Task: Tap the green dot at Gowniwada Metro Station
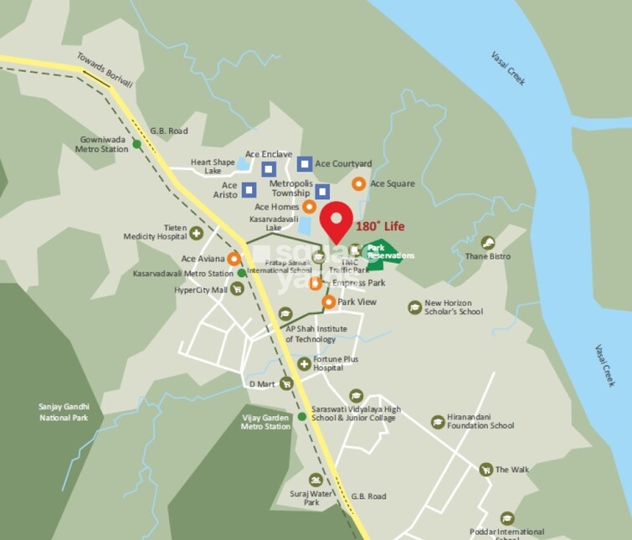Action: pyautogui.click(x=136, y=145)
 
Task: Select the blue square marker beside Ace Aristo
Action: pyautogui.click(x=249, y=189)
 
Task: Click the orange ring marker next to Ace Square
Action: pyautogui.click(x=358, y=183)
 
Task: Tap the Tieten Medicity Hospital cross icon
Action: pyautogui.click(x=196, y=234)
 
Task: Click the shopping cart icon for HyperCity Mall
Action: pyautogui.click(x=237, y=290)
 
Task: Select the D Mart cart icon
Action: pyautogui.click(x=286, y=383)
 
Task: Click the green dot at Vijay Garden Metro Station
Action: pyautogui.click(x=301, y=417)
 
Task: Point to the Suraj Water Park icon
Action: pyautogui.click(x=315, y=480)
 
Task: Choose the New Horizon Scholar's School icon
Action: pyautogui.click(x=414, y=307)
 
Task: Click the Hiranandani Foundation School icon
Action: pyautogui.click(x=437, y=422)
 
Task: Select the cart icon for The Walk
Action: pyautogui.click(x=486, y=470)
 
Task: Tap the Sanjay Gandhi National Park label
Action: pyautogui.click(x=64, y=412)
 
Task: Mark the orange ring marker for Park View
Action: pyautogui.click(x=328, y=301)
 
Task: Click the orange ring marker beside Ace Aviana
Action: pyautogui.click(x=234, y=259)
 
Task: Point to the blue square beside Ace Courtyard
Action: pyautogui.click(x=305, y=163)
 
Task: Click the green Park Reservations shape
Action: pyautogui.click(x=381, y=254)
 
